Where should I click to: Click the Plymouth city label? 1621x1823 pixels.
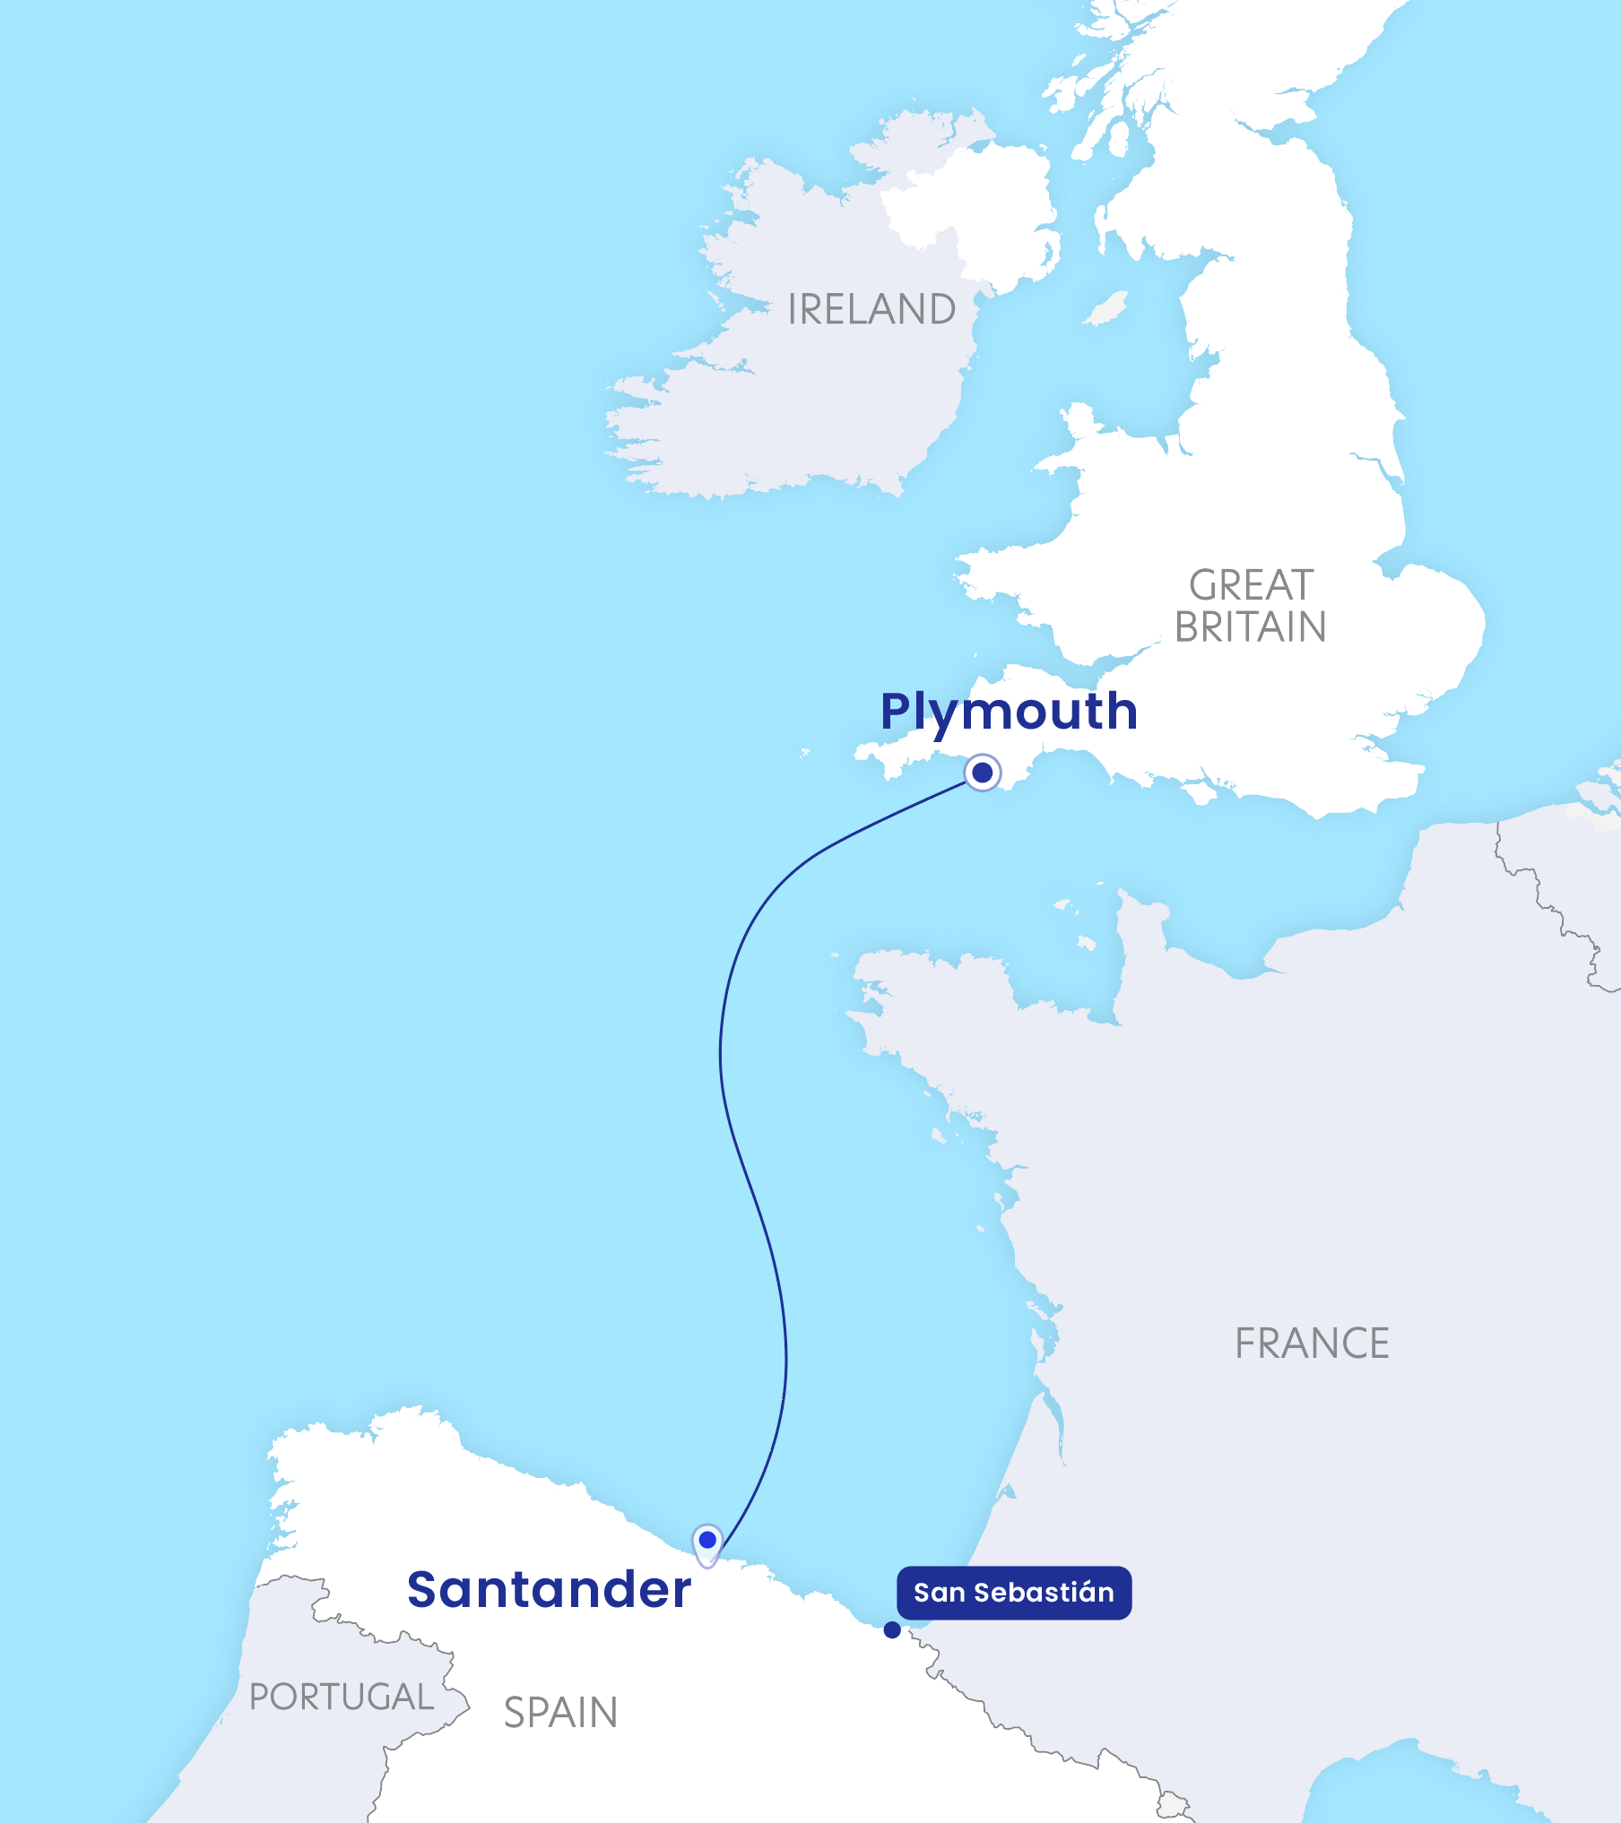coord(1009,713)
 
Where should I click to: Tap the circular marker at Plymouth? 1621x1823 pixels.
coord(983,772)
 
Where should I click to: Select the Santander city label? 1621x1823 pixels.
coord(549,1591)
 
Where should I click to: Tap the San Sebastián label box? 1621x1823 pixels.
coord(1014,1593)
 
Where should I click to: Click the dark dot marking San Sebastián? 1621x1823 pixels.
coord(892,1630)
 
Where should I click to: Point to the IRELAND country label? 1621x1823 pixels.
coord(871,309)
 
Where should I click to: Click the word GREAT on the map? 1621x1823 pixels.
coord(1252,585)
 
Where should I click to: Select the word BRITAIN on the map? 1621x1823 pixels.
coord(1251,627)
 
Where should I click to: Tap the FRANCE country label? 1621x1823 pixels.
coord(1312,1343)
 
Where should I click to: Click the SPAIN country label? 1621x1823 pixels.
coord(560,1713)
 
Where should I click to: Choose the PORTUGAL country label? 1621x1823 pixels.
coord(342,1697)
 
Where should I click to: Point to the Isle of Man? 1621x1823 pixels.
coord(1106,309)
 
